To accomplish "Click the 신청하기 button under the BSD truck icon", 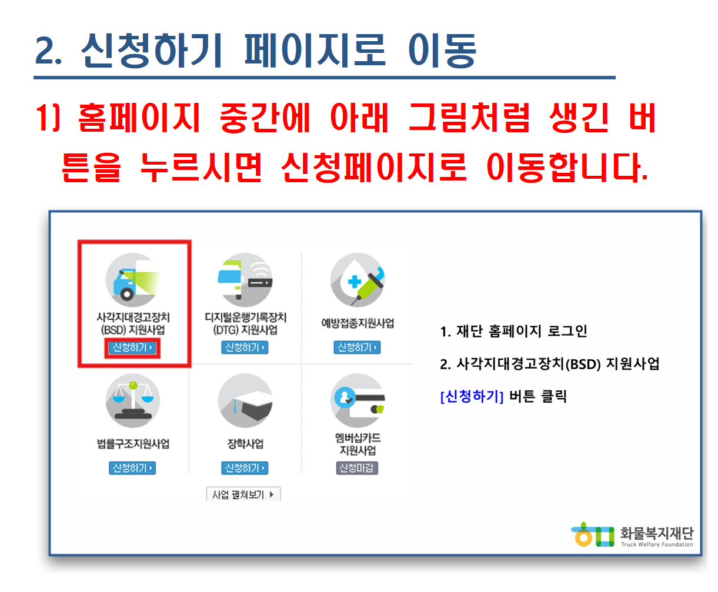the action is click(x=132, y=347).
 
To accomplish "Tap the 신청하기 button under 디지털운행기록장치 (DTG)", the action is click(x=245, y=347).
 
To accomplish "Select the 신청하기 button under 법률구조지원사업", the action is click(x=132, y=468).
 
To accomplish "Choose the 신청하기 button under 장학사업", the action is click(x=245, y=468).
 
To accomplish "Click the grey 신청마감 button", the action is click(x=357, y=468).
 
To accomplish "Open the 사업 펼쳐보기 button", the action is click(x=243, y=494).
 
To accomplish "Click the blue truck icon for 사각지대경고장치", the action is click(x=133, y=280).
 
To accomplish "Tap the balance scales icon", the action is click(x=133, y=400).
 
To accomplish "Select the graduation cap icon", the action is click(x=245, y=400).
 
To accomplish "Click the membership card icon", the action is click(x=358, y=400).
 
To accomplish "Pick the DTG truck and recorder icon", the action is click(x=245, y=280).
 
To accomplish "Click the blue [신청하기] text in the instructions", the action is click(x=472, y=396).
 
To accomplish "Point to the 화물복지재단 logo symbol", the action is click(x=593, y=535).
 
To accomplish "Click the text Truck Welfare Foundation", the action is click(x=657, y=544).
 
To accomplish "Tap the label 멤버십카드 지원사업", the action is click(x=358, y=444).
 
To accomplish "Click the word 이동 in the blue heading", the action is click(x=442, y=51).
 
